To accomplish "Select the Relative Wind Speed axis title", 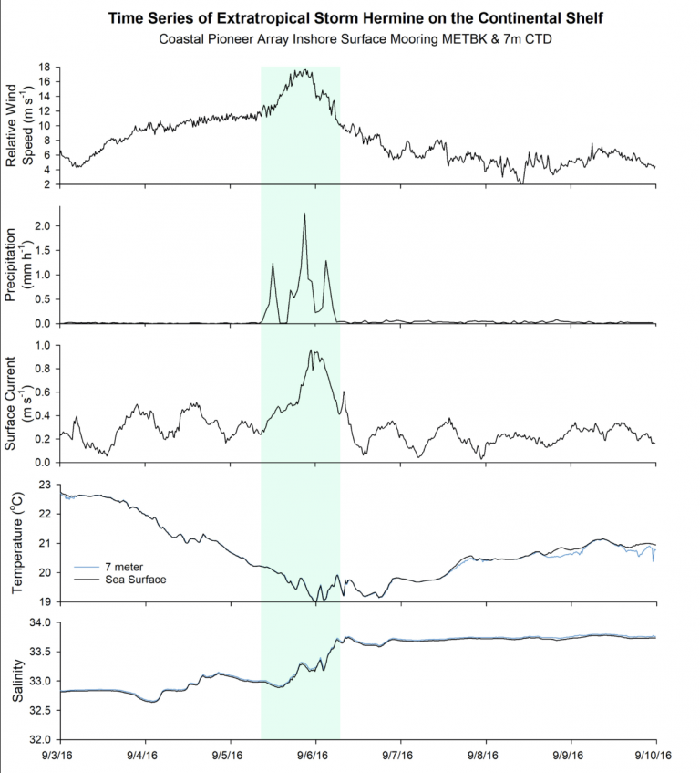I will [x=21, y=124].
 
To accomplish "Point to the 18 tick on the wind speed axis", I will [x=43, y=68].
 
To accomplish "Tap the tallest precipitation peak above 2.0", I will [x=304, y=214].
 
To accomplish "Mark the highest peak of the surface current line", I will [x=311, y=350].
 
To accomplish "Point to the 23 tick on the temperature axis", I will [x=43, y=485].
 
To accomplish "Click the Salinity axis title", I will [x=21, y=681].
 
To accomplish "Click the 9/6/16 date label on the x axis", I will [x=314, y=756].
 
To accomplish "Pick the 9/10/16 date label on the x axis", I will [x=654, y=756].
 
